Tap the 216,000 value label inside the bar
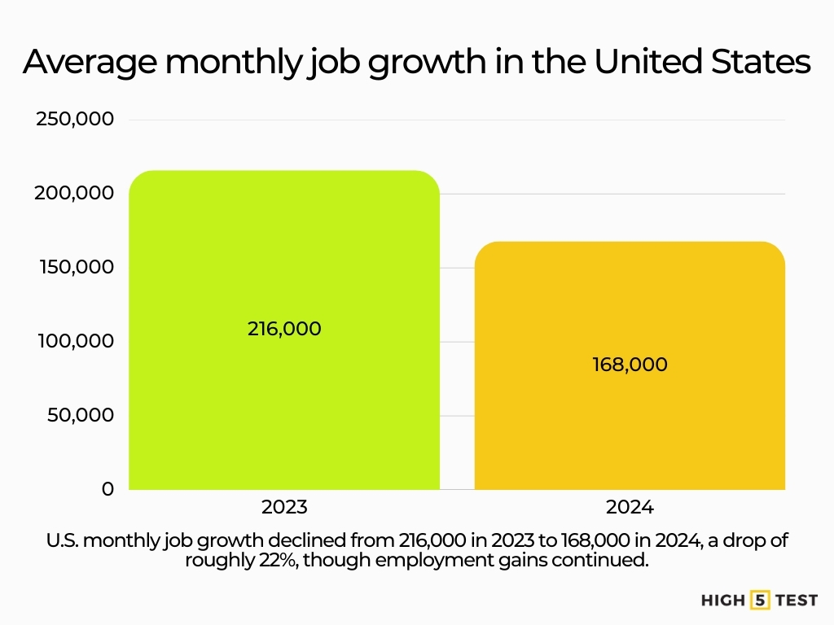click(x=284, y=329)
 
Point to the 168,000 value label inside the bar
click(x=630, y=365)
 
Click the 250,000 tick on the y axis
click(x=75, y=120)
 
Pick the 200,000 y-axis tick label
click(x=75, y=194)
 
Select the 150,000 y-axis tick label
click(x=75, y=268)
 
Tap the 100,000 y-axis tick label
click(x=75, y=342)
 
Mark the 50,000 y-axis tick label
click(x=80, y=416)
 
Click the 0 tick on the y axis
click(x=108, y=489)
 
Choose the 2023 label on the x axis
click(x=284, y=507)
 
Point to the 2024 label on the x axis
click(x=630, y=507)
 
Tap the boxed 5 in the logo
click(x=759, y=601)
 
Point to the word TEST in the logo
click(x=795, y=601)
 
